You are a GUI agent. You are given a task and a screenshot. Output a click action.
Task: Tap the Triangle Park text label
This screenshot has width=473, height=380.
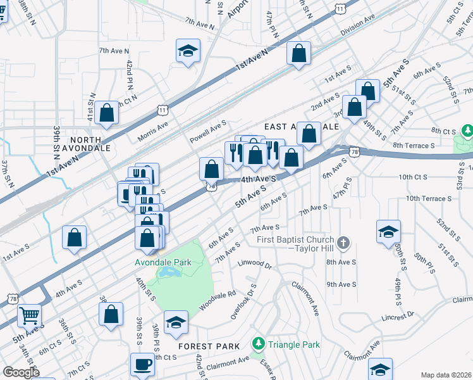pos(293,345)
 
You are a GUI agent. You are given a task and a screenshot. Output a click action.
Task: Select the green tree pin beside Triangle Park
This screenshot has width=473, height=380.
pos(258,345)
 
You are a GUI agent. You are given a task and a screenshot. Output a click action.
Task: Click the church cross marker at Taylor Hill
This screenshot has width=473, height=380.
pos(343,243)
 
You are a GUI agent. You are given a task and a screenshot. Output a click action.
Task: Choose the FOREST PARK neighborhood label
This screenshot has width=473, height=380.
pos(209,346)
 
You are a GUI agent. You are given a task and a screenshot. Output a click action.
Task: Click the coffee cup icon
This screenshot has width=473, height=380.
pos(142,365)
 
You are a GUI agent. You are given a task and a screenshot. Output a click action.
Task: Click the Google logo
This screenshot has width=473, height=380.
pos(21,372)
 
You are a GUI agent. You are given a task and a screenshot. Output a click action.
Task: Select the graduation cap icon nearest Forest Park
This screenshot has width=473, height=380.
pos(176,322)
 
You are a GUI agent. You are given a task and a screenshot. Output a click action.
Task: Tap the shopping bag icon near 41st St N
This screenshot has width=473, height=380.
pos(107,113)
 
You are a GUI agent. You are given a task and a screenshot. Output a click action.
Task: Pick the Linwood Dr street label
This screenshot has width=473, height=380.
pos(254,263)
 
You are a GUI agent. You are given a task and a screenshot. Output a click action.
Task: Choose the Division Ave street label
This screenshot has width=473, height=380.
pos(357,26)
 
